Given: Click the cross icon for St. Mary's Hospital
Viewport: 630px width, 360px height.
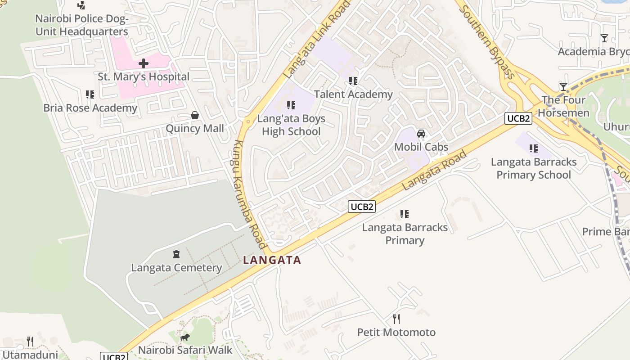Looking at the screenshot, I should (144, 63).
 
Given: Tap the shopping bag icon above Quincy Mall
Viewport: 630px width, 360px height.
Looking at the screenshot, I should (195, 116).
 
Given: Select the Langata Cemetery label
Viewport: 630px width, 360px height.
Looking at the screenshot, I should (176, 268).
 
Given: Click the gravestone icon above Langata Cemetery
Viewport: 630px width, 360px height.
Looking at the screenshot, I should (176, 255).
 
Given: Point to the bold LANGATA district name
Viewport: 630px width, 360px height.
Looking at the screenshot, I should (272, 260).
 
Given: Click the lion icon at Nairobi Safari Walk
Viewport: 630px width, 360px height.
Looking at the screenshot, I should (184, 337).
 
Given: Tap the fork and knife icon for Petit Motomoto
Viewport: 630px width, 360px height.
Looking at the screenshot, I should (396, 319).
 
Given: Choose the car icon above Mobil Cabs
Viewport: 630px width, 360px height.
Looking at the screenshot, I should (421, 134).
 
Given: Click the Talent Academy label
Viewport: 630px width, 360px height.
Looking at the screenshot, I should (353, 94).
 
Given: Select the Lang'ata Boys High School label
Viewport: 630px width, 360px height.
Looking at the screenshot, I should (291, 125).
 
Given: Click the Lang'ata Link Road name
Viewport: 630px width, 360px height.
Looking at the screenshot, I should (318, 40).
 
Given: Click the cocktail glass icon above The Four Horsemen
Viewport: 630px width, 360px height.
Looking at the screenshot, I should (563, 87).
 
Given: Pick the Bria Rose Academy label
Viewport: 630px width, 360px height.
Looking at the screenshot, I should (90, 108).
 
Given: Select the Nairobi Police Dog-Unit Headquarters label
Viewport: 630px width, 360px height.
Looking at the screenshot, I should (82, 25).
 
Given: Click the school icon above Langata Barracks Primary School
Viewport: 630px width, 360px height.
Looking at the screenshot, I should (534, 148).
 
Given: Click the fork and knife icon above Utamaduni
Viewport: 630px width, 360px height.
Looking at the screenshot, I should (30, 342).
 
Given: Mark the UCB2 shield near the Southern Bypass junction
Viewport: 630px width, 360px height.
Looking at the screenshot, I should (518, 118).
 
